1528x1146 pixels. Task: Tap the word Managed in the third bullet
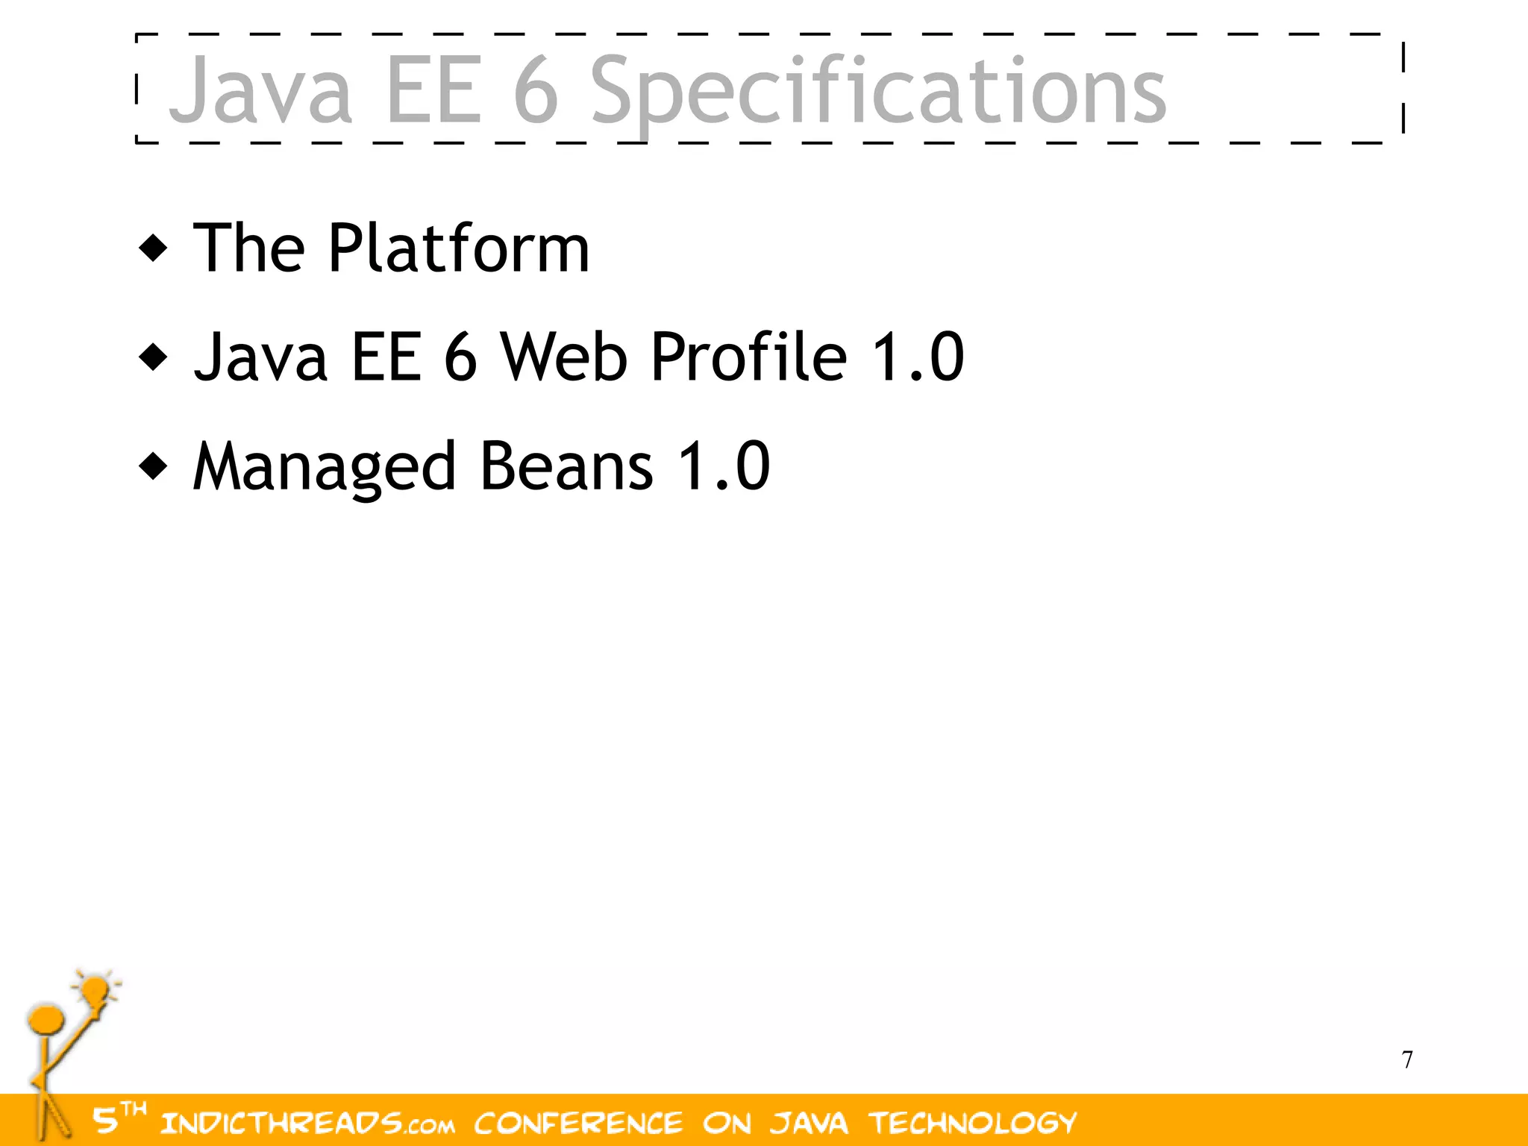324,467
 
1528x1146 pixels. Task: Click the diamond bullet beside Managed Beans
154,467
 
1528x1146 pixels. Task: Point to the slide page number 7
1407,1059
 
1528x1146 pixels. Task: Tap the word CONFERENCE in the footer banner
578,1124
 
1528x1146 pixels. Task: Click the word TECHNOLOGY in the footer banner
973,1123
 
